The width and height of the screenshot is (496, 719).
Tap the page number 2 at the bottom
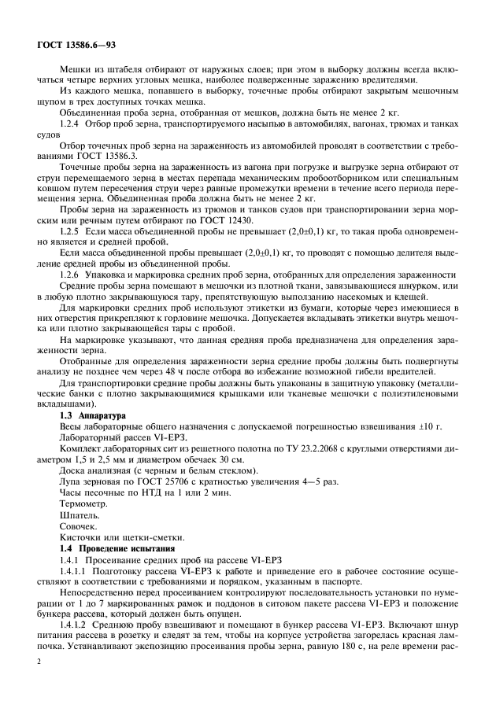click(x=38, y=682)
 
